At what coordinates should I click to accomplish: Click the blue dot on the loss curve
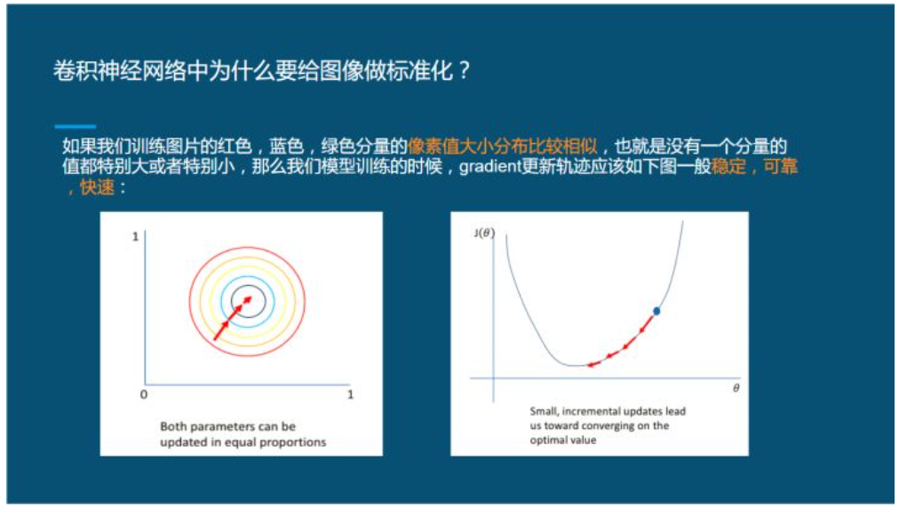point(656,311)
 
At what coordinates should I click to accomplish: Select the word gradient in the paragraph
point(488,167)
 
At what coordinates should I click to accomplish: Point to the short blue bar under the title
point(75,126)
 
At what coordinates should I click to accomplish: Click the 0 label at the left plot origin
point(144,394)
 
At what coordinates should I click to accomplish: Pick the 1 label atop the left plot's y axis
point(135,238)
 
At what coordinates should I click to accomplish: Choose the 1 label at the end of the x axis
point(350,394)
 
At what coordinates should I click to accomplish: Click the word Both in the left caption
point(174,426)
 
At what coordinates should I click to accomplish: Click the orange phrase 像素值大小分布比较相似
point(502,146)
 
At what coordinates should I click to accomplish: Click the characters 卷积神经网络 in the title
point(105,71)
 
